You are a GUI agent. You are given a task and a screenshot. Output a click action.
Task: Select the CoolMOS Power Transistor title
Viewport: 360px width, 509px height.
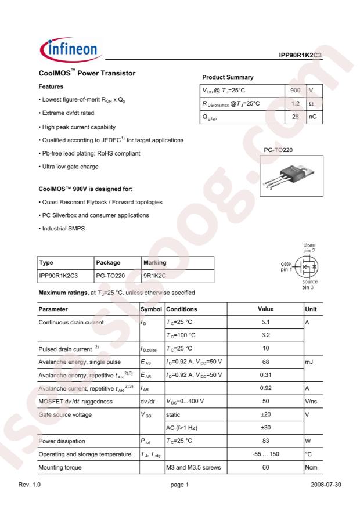click(x=87, y=74)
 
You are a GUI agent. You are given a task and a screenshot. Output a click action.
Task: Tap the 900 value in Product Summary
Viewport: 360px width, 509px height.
click(x=295, y=91)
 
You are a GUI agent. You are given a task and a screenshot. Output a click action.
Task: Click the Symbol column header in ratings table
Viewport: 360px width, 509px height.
click(x=151, y=309)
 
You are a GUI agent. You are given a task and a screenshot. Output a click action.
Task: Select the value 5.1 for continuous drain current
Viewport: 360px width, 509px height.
click(x=265, y=322)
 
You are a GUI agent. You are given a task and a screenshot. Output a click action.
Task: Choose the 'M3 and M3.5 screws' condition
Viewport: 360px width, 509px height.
click(x=193, y=467)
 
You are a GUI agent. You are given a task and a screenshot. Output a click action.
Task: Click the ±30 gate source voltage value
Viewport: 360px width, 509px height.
click(x=265, y=428)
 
